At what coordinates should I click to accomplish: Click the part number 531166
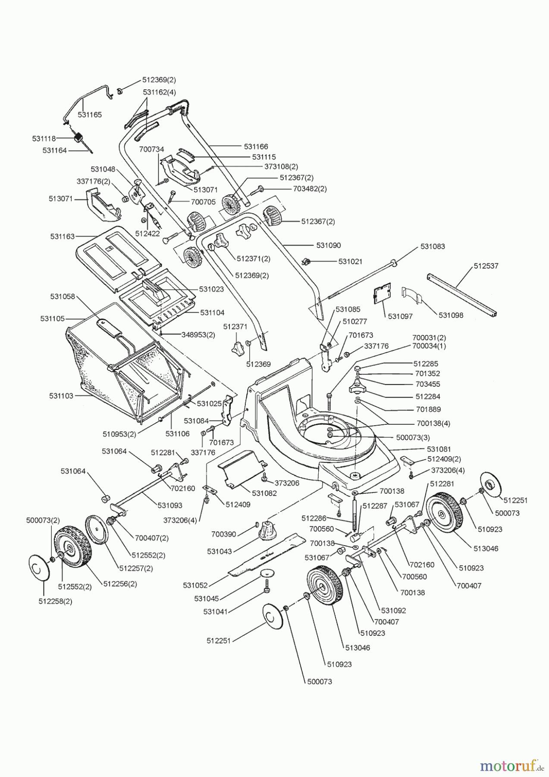tap(256, 147)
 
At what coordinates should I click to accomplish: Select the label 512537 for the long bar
tap(486, 266)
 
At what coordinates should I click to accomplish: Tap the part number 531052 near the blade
tap(195, 585)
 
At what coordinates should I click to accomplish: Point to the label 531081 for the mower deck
tap(439, 449)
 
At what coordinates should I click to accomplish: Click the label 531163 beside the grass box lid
tap(62, 237)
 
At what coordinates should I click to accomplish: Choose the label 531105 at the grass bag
tap(52, 319)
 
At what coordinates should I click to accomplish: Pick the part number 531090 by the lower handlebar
tap(328, 245)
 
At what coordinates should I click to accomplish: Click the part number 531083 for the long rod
tap(433, 246)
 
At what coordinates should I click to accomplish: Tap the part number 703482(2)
tap(310, 189)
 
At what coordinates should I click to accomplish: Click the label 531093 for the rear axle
tap(169, 505)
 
